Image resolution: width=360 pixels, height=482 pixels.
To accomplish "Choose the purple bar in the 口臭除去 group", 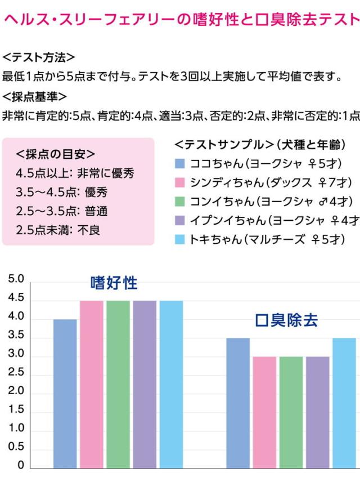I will pyautogui.click(x=317, y=412).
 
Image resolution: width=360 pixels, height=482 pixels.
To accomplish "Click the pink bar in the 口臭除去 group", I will pyautogui.click(x=264, y=412).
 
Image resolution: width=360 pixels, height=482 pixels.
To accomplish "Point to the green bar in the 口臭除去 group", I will pyautogui.click(x=291, y=412).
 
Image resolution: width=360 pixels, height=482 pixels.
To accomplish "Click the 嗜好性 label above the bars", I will pyautogui.click(x=114, y=283).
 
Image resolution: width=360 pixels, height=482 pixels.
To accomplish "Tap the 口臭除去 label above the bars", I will pyautogui.click(x=286, y=321).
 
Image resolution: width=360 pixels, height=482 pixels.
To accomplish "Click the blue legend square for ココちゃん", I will pyautogui.click(x=180, y=163).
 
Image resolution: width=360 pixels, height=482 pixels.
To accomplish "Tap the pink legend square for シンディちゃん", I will pyautogui.click(x=180, y=182).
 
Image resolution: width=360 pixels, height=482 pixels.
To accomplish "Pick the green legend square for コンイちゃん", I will pyautogui.click(x=180, y=202).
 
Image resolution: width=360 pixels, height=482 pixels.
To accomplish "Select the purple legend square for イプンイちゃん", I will pyautogui.click(x=180, y=220).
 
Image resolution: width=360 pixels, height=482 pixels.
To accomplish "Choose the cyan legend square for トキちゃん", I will pyautogui.click(x=180, y=239).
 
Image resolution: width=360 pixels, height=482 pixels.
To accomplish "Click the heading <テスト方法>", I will pyautogui.click(x=39, y=58).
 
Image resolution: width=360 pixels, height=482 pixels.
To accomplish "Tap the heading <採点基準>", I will pyautogui.click(x=35, y=96).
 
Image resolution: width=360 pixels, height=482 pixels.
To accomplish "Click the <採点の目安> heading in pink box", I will pyautogui.click(x=56, y=154).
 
